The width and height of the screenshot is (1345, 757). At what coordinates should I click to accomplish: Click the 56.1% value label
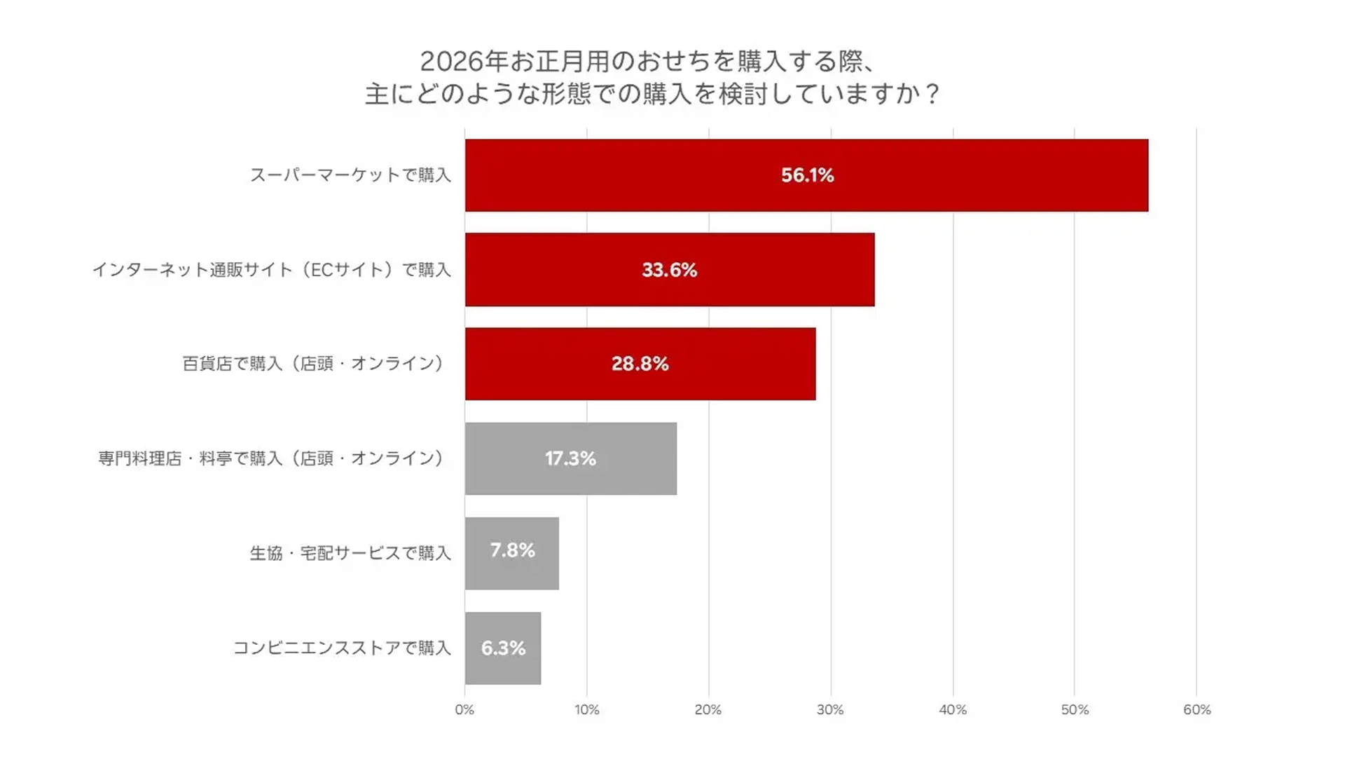coord(807,175)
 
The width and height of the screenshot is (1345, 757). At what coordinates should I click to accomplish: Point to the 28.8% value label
coord(640,364)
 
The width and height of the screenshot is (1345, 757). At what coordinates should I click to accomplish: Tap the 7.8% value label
coord(512,550)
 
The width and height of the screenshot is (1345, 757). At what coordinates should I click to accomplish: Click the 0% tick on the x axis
coord(464,709)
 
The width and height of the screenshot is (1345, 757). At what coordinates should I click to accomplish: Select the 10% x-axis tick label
coord(586,709)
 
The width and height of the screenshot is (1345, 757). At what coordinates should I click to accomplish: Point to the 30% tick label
coord(830,709)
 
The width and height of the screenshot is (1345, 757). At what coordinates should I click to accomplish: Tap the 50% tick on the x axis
coord(1075,709)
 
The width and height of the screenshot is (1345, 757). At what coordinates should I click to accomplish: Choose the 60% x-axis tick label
coord(1196,709)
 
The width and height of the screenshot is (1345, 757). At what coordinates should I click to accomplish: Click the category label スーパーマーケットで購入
coord(350,175)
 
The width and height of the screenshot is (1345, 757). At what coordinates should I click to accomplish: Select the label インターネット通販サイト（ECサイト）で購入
coord(272,270)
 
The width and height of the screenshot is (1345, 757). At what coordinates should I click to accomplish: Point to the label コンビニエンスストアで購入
coord(342,648)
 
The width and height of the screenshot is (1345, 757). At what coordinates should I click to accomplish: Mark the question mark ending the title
coord(932,94)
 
